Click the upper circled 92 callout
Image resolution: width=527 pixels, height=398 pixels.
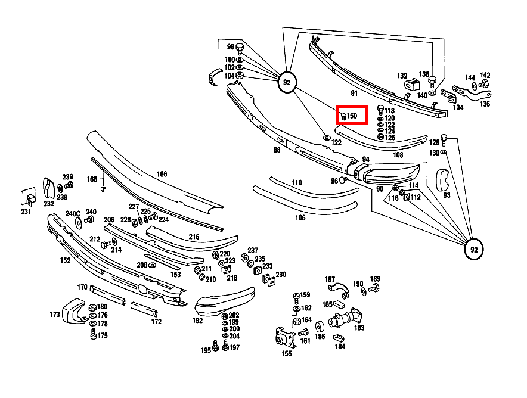click(x=287, y=83)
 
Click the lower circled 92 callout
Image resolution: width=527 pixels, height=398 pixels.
click(x=474, y=249)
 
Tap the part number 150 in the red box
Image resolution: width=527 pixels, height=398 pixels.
click(x=352, y=115)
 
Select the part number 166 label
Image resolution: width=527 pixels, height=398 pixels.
click(x=162, y=174)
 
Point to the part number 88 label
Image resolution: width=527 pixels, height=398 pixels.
click(x=277, y=150)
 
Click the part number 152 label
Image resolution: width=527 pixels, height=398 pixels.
click(x=65, y=260)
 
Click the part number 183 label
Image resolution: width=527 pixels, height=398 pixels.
click(x=359, y=328)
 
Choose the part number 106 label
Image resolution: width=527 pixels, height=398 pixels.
click(x=300, y=218)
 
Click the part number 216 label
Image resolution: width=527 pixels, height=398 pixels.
click(x=194, y=237)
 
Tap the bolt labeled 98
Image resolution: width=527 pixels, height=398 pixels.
click(x=240, y=48)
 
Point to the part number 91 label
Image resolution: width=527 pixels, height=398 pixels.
click(x=354, y=94)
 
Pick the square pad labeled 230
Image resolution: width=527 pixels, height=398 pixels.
click(x=269, y=280)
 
